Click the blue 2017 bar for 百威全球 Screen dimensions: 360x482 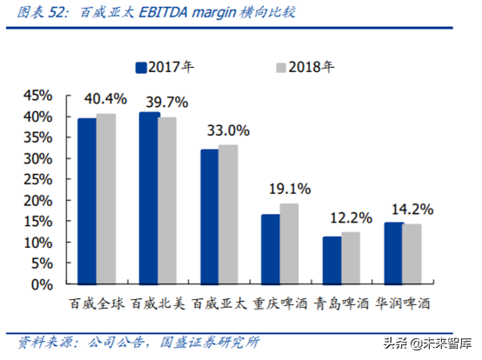tap(87, 201)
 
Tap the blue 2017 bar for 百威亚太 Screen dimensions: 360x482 tap(210, 217)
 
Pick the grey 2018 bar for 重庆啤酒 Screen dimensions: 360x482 tap(289, 243)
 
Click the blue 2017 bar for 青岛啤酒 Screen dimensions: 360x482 tap(331, 260)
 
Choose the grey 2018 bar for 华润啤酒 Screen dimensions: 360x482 tap(412, 254)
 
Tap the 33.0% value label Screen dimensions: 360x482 tap(227, 130)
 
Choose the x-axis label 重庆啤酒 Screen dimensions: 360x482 tap(280, 304)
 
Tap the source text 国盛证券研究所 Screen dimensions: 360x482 tap(212, 341)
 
